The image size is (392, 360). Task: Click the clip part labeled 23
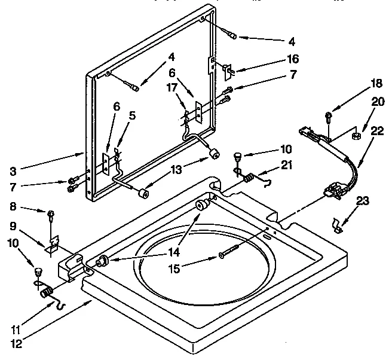[338, 225]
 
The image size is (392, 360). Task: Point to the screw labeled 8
[51, 213]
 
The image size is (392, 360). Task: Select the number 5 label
[132, 116]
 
